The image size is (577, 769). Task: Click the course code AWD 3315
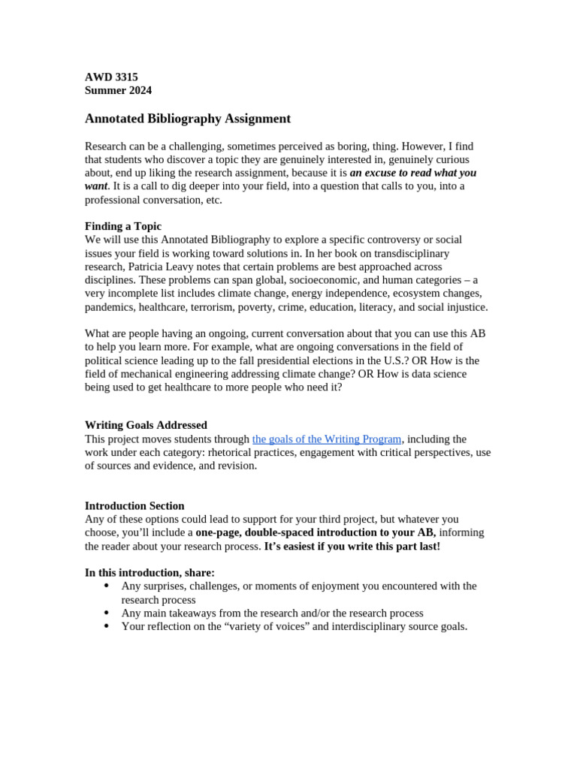coord(111,77)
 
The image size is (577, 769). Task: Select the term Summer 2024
coord(118,90)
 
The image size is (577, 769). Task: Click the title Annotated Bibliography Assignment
coord(187,119)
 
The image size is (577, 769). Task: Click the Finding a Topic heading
coord(122,226)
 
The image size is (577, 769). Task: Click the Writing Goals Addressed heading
coord(146,425)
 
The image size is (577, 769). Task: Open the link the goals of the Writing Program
coord(327,439)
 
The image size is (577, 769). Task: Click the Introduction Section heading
coord(134,505)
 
